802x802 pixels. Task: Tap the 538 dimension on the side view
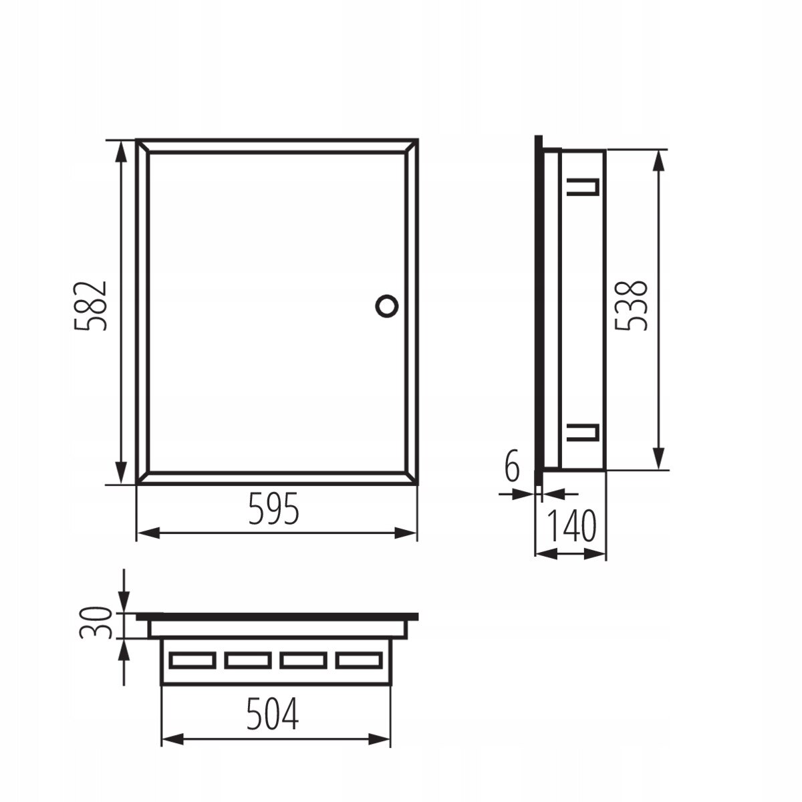tap(631, 305)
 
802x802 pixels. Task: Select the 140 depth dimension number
tap(572, 527)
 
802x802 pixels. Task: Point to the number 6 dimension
tap(512, 466)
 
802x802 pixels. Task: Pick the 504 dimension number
tap(272, 716)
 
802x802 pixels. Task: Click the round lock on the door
tap(386, 305)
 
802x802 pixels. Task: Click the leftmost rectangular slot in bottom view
tap(191, 660)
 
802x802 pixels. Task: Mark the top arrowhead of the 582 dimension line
tap(121, 150)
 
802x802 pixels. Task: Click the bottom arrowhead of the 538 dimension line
tap(658, 460)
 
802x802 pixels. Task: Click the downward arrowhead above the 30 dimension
tap(123, 605)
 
